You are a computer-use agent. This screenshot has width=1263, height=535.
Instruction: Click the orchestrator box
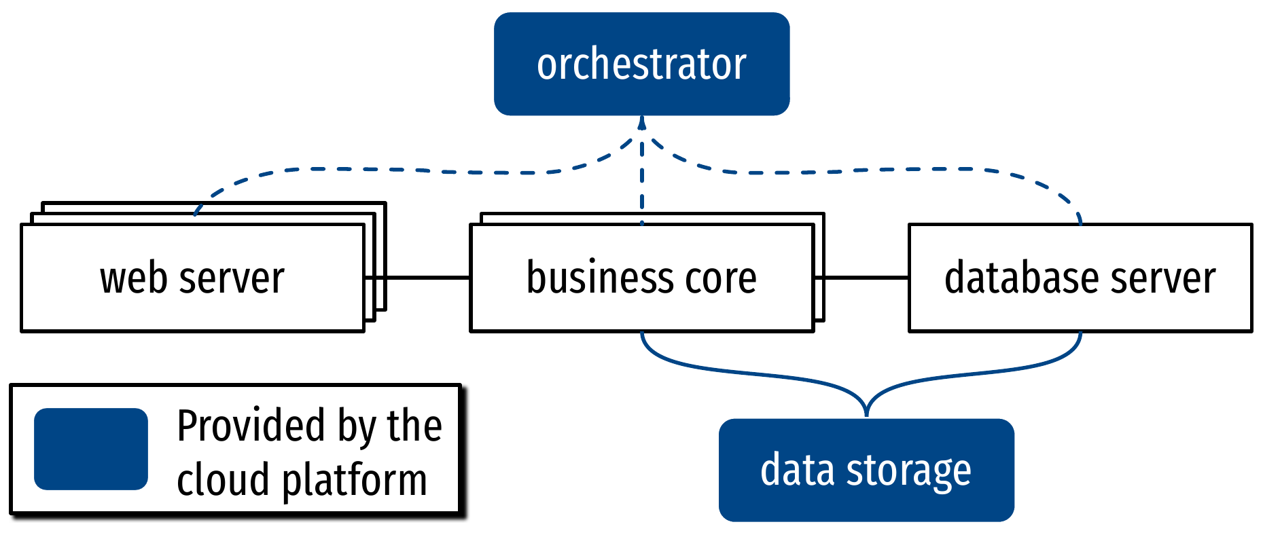[641, 64]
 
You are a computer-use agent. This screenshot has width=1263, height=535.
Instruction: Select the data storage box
[866, 470]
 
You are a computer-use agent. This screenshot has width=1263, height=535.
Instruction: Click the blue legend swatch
[91, 449]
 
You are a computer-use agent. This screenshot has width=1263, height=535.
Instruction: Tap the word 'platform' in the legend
[354, 481]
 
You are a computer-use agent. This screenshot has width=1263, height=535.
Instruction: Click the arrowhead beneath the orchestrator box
[641, 123]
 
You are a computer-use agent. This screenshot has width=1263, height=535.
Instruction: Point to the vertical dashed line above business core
[641, 183]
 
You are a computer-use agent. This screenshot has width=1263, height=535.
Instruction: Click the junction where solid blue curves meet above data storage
[866, 407]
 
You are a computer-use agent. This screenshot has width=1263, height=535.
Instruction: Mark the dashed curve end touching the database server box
[1080, 220]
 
